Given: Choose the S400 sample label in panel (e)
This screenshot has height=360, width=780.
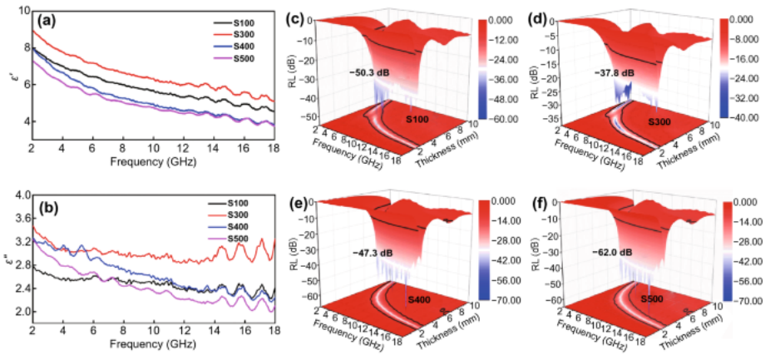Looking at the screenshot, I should coord(418,298).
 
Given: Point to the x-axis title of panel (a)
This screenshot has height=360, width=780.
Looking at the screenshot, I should coord(152,157).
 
